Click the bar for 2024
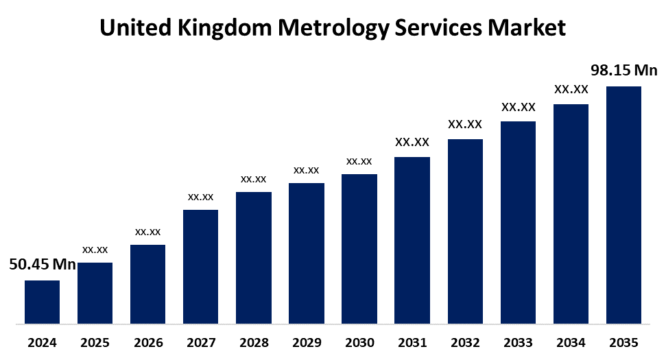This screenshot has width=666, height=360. pyautogui.click(x=42, y=302)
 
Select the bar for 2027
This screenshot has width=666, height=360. pyautogui.click(x=200, y=266)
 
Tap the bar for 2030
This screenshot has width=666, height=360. pyautogui.click(x=359, y=248)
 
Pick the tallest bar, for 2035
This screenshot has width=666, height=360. pyautogui.click(x=623, y=204)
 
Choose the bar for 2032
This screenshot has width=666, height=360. pyautogui.click(x=465, y=231)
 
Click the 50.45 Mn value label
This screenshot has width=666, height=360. pyautogui.click(x=43, y=264)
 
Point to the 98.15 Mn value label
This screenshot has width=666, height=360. pyautogui.click(x=624, y=71)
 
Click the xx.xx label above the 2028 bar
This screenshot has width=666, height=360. pyautogui.click(x=253, y=179)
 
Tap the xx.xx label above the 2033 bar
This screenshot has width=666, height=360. pyautogui.click(x=518, y=107)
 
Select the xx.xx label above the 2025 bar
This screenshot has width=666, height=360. pyautogui.click(x=95, y=250)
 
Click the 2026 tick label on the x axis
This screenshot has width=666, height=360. pyautogui.click(x=147, y=342)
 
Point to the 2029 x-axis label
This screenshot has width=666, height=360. pyautogui.click(x=306, y=342)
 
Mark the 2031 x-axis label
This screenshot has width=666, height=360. pyautogui.click(x=412, y=342)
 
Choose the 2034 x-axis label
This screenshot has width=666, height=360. pyautogui.click(x=571, y=342)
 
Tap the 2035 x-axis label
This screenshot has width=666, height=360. pyautogui.click(x=623, y=342)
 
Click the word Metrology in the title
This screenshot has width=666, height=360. pyautogui.click(x=333, y=28)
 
